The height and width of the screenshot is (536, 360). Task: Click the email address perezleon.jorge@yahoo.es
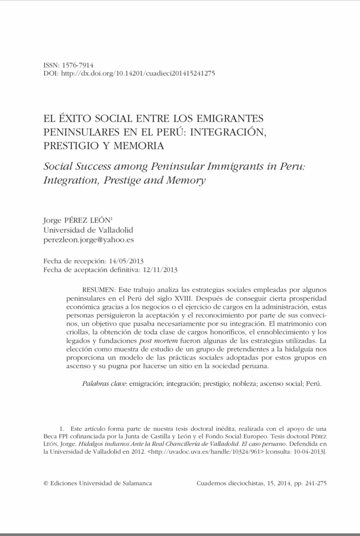click(89, 240)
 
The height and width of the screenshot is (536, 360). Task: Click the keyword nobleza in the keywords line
click(230, 384)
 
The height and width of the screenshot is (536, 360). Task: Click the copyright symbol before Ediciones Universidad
click(46, 483)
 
